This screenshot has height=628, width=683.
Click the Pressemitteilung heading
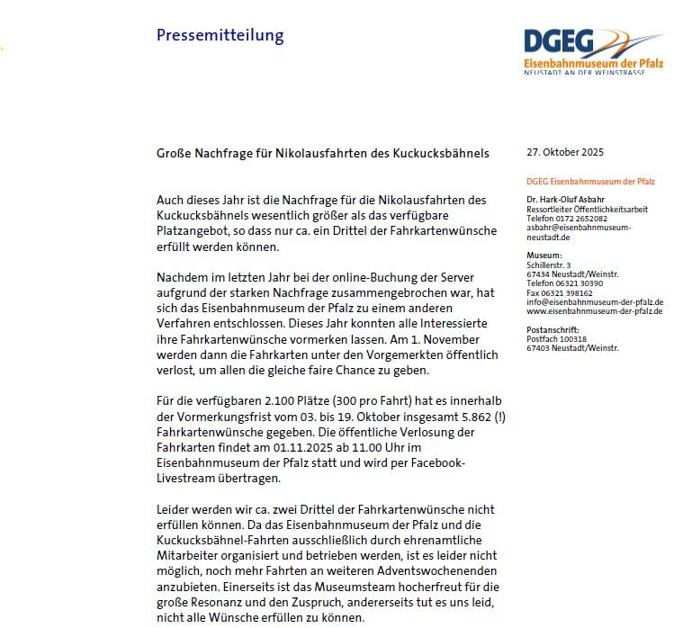220,36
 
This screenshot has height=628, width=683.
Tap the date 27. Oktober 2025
565,153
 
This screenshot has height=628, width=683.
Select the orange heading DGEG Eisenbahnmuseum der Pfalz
590,182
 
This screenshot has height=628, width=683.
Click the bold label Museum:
544,256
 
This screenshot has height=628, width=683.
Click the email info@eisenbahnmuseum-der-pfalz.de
595,301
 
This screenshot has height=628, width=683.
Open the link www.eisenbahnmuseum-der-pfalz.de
594,310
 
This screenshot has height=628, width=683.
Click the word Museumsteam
307,585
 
